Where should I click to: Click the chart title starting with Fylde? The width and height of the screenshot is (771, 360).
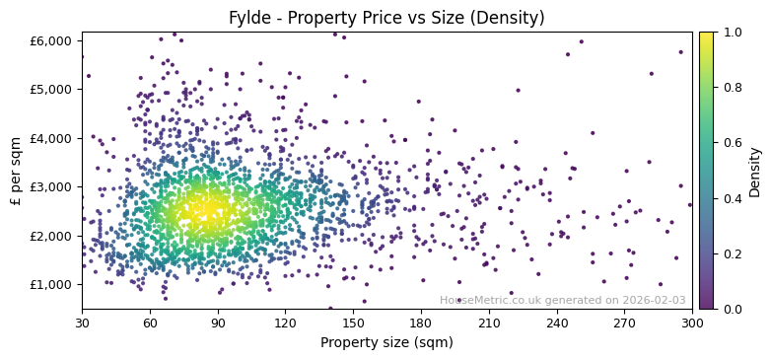pyautogui.click(x=386, y=18)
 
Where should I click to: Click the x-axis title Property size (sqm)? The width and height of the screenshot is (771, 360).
pyautogui.click(x=386, y=343)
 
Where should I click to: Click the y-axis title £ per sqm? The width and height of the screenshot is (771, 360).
pyautogui.click(x=17, y=171)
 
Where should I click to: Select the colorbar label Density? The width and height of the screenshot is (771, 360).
pyautogui.click(x=754, y=171)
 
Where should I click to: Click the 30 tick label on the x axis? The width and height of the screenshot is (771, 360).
pyautogui.click(x=82, y=323)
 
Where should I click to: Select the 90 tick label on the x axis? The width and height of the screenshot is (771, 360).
pyautogui.click(x=218, y=323)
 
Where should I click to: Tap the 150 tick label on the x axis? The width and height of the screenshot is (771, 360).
pyautogui.click(x=353, y=323)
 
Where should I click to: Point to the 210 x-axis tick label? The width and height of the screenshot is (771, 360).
pyautogui.click(x=489, y=323)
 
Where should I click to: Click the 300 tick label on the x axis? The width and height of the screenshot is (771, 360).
pyautogui.click(x=692, y=323)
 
